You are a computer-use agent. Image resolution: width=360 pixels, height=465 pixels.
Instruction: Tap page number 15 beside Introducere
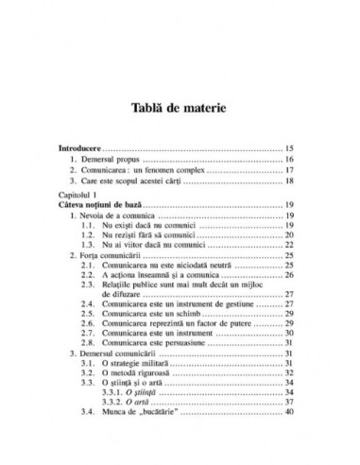point(290,149)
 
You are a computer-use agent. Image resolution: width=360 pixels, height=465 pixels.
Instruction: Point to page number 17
point(290,175)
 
